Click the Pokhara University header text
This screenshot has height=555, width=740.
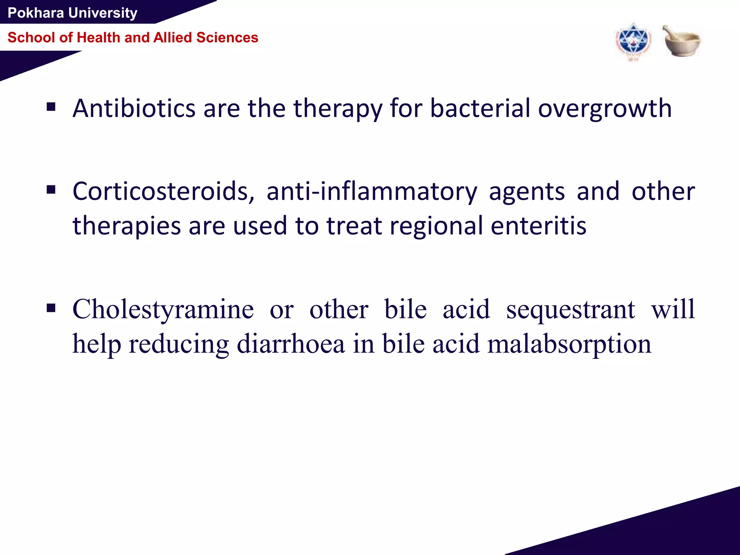point(72,13)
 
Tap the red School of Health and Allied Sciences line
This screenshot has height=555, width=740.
point(133,38)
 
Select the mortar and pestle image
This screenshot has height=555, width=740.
point(681,41)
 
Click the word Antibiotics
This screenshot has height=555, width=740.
point(134,108)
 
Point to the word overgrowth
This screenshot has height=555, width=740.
point(605,108)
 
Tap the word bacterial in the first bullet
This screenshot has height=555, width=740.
point(480,108)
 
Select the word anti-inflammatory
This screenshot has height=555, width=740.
point(372,191)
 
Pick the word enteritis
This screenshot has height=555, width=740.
point(538,225)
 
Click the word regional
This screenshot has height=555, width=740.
point(436,225)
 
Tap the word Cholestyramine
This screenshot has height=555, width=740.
point(163,309)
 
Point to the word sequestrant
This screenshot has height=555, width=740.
point(571,309)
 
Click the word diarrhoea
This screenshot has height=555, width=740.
point(291,344)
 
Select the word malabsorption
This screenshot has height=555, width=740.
point(569,344)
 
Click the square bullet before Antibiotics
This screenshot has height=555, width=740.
point(51,107)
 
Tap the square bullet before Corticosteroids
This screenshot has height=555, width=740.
point(51,190)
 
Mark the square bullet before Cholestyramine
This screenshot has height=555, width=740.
point(51,308)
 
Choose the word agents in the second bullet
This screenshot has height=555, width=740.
point(526,191)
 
